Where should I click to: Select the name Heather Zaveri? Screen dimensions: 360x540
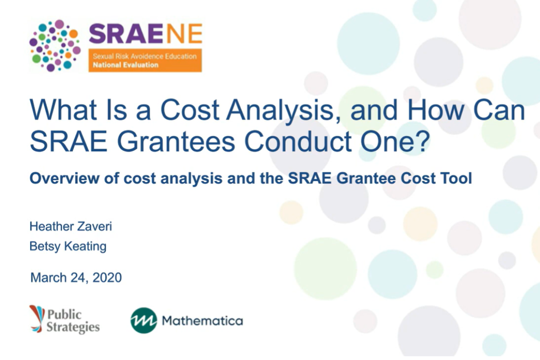click(71, 226)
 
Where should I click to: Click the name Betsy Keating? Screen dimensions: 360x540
click(67, 247)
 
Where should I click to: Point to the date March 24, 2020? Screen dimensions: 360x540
click(76, 278)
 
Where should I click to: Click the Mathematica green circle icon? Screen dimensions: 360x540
click(144, 320)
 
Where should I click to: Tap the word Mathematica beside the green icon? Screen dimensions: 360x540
click(202, 321)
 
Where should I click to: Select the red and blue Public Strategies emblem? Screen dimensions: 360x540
click(37, 318)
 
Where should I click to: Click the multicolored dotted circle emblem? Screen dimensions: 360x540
click(54, 45)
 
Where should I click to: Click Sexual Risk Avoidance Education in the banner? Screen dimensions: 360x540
click(144, 57)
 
